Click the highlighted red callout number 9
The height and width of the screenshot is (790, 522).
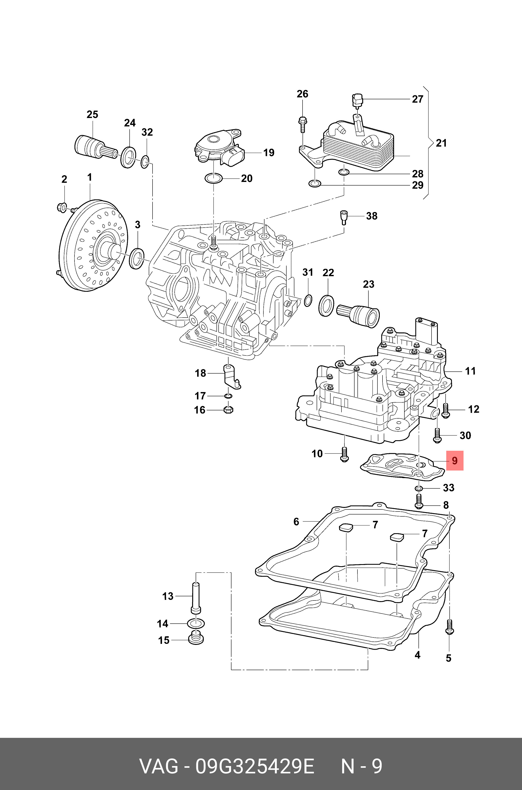tap(455, 461)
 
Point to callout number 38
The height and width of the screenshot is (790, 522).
tap(372, 216)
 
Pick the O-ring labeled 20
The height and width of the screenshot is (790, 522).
tap(213, 178)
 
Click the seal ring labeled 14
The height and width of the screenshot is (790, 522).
tap(196, 623)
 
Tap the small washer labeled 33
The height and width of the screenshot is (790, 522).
tap(419, 488)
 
